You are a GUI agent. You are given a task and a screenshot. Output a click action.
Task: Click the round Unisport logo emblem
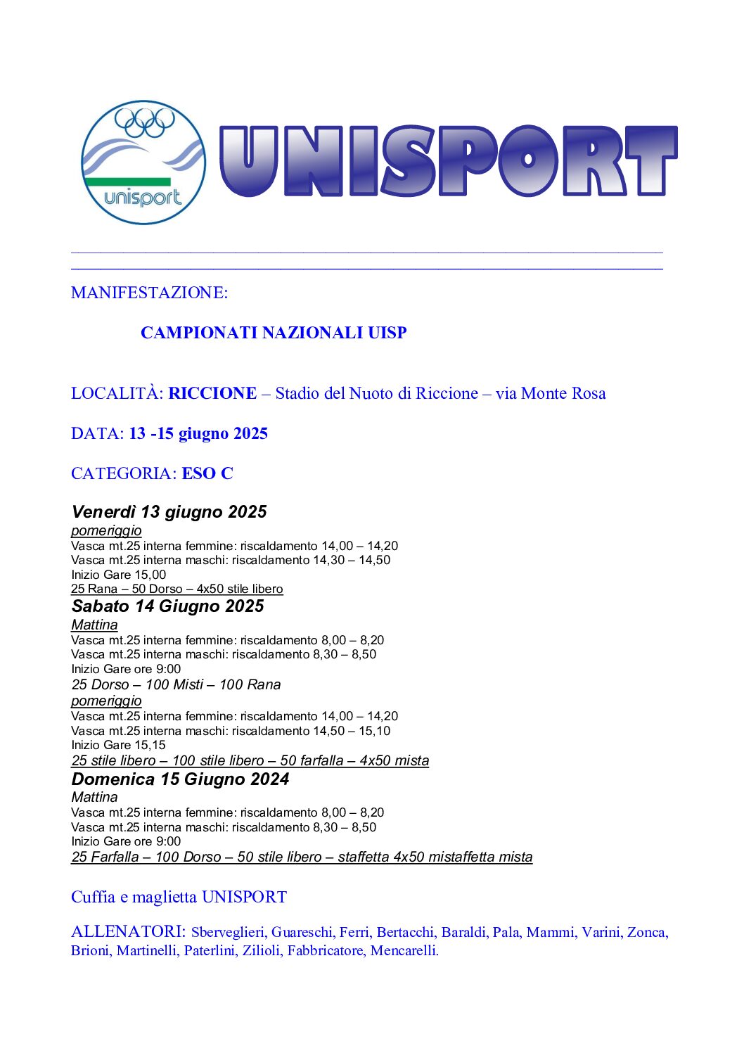coord(143,162)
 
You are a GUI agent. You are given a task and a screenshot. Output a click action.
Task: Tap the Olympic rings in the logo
coord(144,122)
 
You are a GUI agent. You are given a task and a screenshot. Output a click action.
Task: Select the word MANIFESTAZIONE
coord(148,293)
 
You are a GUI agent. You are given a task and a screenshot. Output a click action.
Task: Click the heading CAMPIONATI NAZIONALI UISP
coord(274,333)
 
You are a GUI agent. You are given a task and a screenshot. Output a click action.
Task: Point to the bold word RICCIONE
coord(212,393)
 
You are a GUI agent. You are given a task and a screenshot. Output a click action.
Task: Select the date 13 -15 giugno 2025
coord(198,433)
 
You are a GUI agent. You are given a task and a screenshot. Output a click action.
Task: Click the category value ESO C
coord(207,473)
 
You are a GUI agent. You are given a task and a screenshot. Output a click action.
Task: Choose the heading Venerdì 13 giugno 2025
coord(169,512)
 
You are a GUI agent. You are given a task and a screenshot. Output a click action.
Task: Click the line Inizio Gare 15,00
coord(118,575)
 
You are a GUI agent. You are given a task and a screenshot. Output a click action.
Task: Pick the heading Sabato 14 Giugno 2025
coord(167,606)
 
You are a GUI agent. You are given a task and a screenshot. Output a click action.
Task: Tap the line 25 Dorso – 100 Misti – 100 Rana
coord(176,684)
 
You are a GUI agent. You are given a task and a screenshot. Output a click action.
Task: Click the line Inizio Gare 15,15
coord(118,745)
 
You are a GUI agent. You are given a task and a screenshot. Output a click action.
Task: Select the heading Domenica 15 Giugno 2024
coord(180,779)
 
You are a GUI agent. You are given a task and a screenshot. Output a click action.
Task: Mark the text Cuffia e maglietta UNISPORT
coord(179,897)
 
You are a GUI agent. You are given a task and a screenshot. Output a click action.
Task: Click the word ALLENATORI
coord(127,932)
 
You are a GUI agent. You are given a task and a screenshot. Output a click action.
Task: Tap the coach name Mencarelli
coord(404,951)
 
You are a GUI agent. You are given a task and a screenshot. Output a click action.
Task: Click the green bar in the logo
coord(127,181)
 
